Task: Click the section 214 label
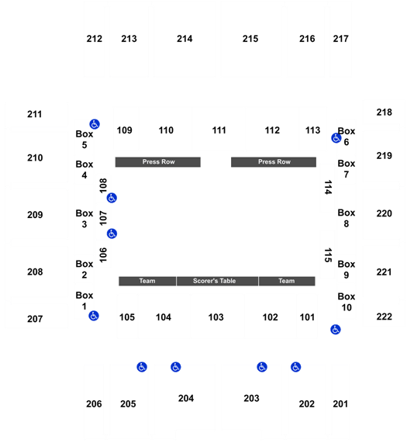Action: tap(185, 39)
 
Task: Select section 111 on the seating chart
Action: tap(219, 130)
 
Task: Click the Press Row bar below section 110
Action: tap(158, 162)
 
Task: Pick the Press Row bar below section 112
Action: tap(274, 162)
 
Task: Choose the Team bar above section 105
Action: tap(147, 281)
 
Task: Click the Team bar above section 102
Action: tap(287, 281)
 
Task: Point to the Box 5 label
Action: tap(84, 140)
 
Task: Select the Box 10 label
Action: tap(347, 302)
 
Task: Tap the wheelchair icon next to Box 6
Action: tap(336, 138)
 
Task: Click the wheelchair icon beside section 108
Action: tap(112, 198)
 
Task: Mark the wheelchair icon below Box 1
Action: tap(94, 316)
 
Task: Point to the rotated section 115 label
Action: tap(328, 255)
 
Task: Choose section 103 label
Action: tap(216, 317)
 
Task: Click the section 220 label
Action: tap(385, 213)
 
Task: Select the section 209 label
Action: tap(35, 215)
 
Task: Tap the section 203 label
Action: tap(251, 398)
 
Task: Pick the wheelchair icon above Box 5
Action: tap(95, 124)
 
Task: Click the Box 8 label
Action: tap(347, 218)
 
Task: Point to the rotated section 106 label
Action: tap(103, 254)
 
